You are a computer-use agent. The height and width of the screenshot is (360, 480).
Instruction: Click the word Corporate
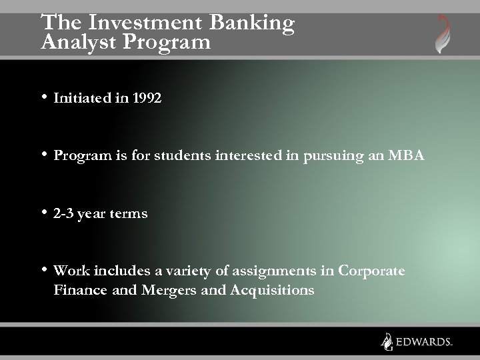371,271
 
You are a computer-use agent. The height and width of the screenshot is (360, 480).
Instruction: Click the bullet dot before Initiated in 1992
44,97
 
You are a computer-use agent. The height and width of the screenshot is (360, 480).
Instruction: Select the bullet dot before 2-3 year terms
44,213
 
